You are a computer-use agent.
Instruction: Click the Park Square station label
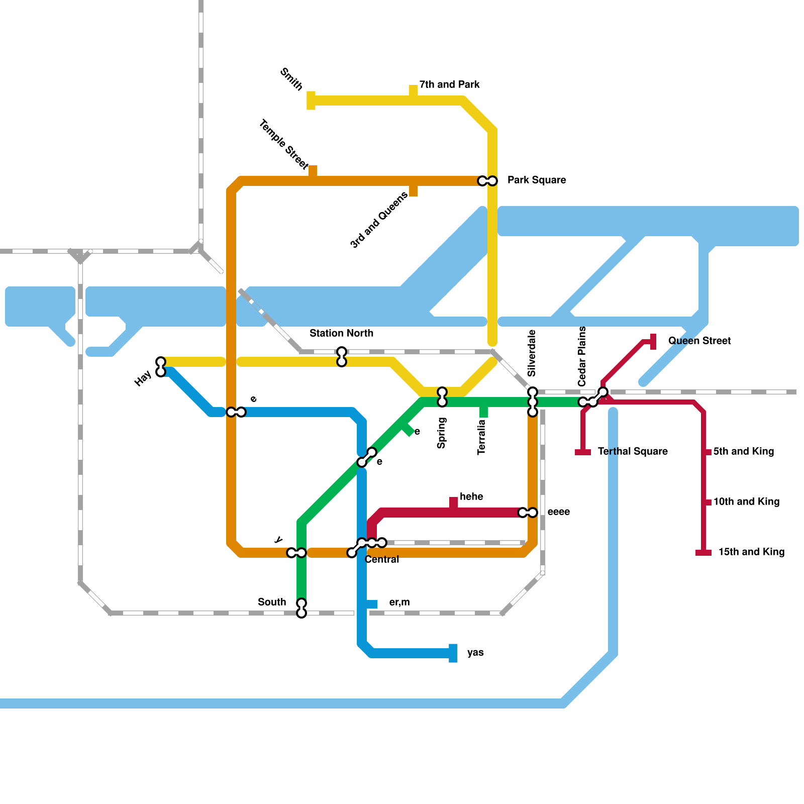(537, 180)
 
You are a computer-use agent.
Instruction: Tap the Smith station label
(291, 79)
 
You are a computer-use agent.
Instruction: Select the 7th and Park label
(449, 84)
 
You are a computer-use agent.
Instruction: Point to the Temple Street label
(284, 144)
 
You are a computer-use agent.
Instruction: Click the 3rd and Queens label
(379, 220)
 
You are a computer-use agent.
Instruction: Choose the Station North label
(341, 333)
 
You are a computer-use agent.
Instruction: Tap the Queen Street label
(699, 341)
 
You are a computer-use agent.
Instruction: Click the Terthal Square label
(633, 451)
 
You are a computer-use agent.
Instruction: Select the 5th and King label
(743, 451)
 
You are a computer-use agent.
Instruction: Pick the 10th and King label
(746, 501)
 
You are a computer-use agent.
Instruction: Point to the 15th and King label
(751, 552)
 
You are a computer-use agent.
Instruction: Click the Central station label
(382, 559)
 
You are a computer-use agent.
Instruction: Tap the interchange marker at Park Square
(487, 181)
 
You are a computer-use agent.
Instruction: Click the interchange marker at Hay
(161, 367)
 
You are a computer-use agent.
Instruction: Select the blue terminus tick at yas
(453, 653)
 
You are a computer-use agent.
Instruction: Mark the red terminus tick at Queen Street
(653, 342)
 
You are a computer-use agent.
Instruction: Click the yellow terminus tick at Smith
(311, 100)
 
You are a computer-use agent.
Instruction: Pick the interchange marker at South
(301, 608)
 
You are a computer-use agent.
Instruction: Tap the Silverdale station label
(532, 353)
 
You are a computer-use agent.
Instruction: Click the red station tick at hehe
(453, 504)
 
